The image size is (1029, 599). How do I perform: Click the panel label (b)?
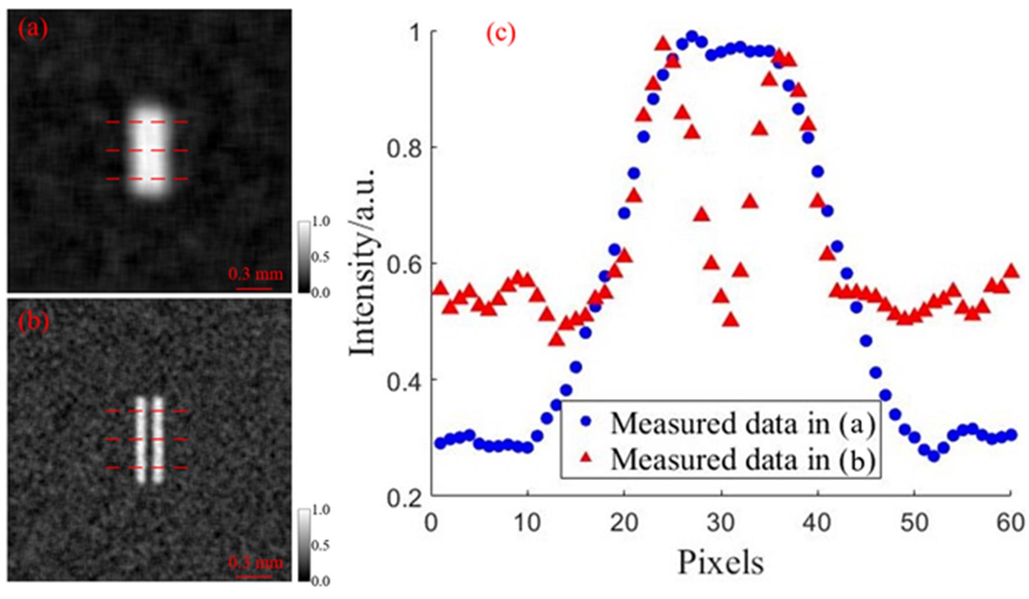coord(33,321)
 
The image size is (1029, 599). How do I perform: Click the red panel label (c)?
coord(500,34)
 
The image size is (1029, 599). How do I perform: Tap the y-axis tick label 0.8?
coord(404,148)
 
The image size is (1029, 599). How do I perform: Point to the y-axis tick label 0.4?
coord(404,382)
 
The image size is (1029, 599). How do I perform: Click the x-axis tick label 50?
coord(914,523)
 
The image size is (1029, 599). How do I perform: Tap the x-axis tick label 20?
coord(624,523)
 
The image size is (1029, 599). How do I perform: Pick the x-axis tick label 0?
coord(431,523)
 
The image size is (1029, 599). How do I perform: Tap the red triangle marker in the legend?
coord(586,458)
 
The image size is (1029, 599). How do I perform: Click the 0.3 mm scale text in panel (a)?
coord(255,274)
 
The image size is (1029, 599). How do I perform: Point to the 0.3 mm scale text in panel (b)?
coord(255,562)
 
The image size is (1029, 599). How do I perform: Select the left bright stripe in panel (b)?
coord(140,440)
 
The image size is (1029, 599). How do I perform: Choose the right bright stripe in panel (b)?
coord(157,440)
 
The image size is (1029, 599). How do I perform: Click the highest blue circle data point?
coord(691,37)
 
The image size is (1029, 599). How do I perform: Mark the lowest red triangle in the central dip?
coord(731,320)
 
